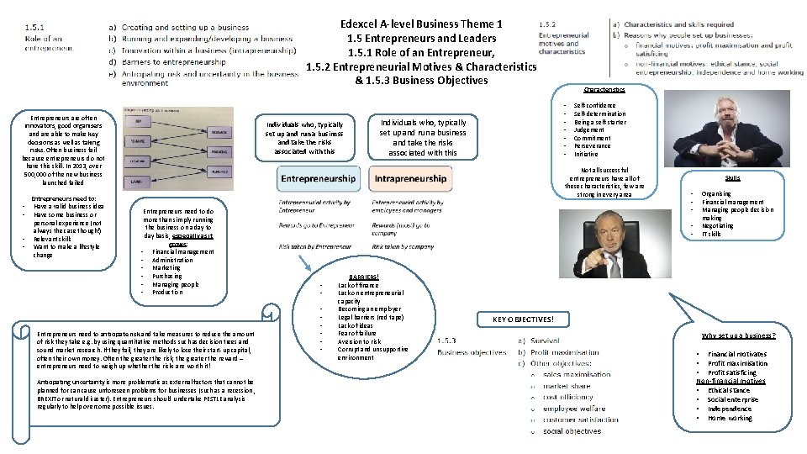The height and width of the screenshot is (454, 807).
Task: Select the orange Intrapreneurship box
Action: [410, 179]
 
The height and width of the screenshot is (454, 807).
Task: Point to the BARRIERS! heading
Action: [364, 277]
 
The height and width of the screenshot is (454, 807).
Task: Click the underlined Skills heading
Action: [732, 178]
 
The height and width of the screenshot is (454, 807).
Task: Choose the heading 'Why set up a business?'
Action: [739, 335]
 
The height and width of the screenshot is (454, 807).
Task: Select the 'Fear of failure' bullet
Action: [358, 334]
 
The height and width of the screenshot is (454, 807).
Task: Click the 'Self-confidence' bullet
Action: [594, 106]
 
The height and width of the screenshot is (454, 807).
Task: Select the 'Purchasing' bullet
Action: [167, 276]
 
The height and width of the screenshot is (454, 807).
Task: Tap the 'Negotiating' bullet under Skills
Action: [718, 225]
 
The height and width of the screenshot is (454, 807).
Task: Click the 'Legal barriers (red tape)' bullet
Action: [371, 318]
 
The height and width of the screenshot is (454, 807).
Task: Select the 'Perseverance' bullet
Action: [592, 146]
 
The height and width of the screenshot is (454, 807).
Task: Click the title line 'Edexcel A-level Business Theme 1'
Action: [421, 24]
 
